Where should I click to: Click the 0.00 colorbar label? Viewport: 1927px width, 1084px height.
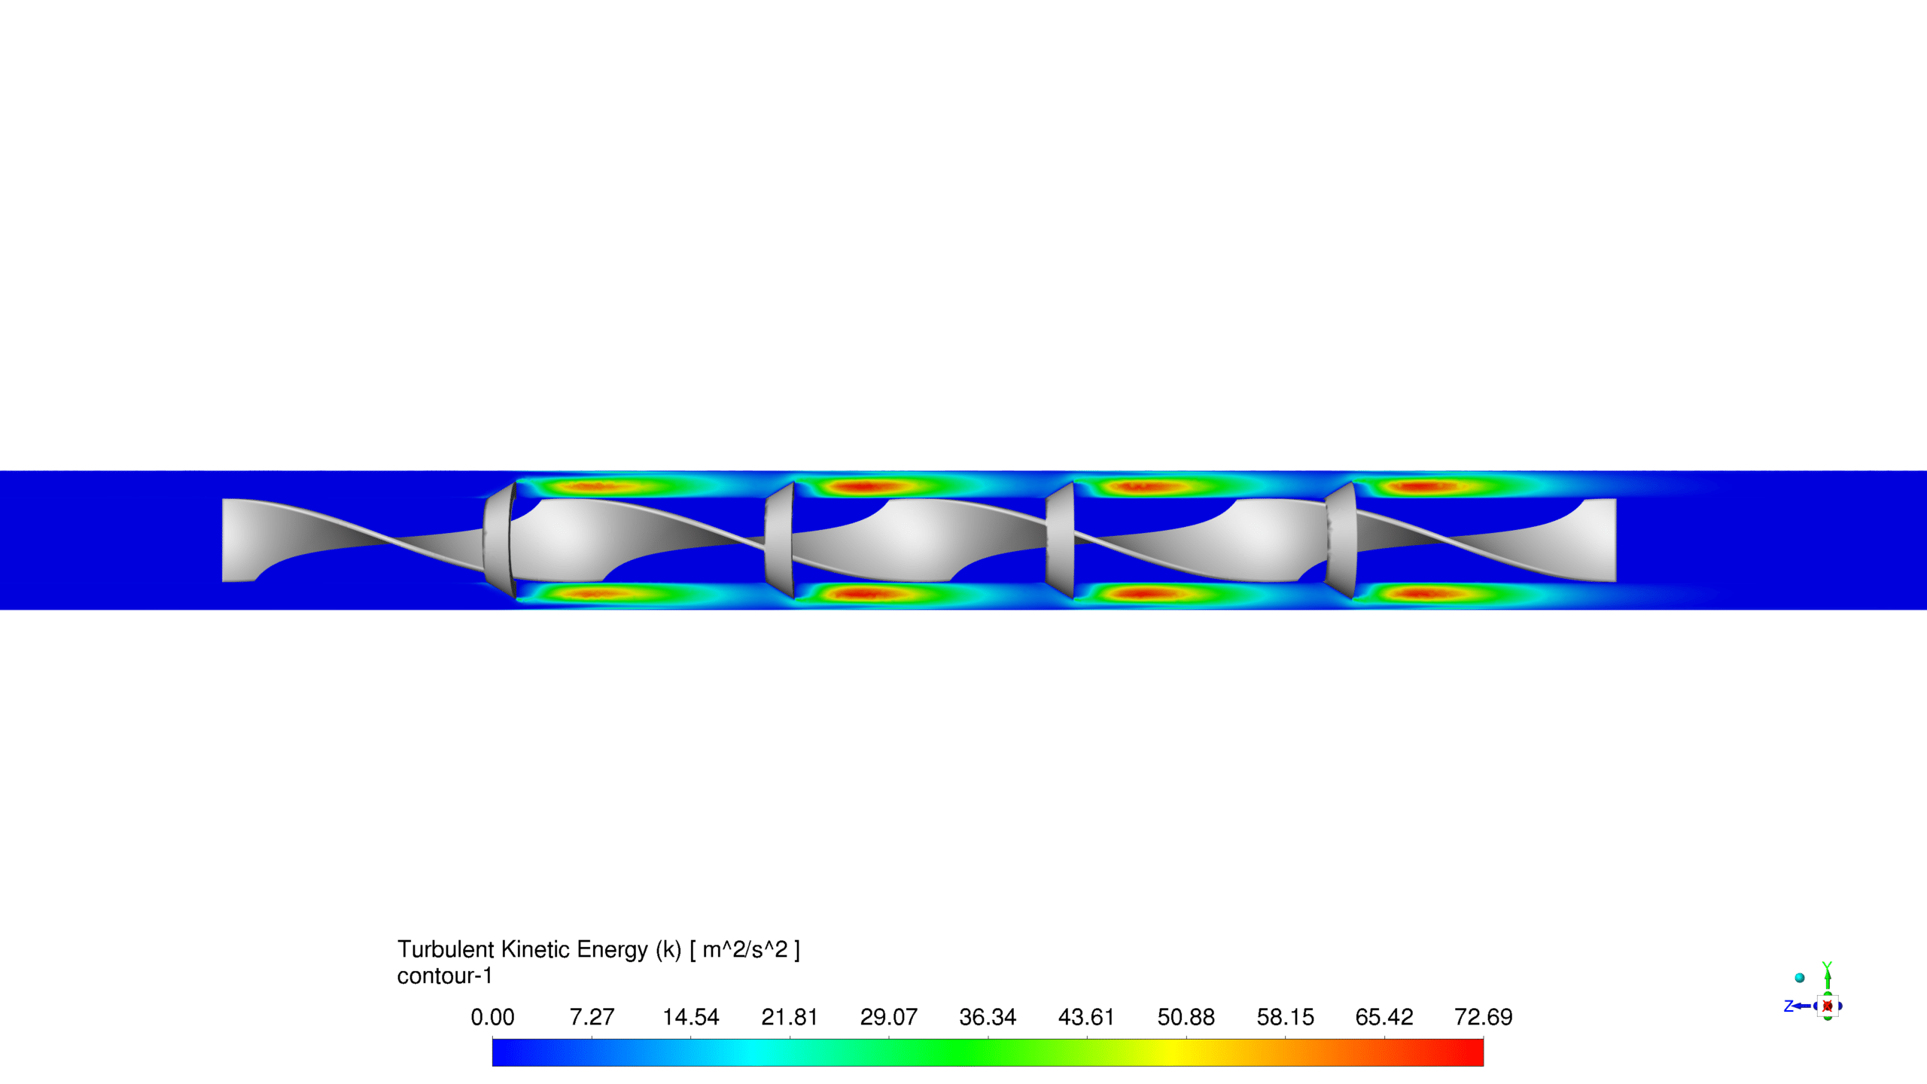pyautogui.click(x=492, y=1017)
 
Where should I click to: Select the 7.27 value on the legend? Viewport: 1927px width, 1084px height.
pyautogui.click(x=592, y=1017)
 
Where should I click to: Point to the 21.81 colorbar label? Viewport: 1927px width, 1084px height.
pyautogui.click(x=790, y=1017)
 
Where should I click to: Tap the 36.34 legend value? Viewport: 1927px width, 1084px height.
pyautogui.click(x=988, y=1017)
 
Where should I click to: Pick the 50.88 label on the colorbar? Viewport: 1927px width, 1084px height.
pyautogui.click(x=1186, y=1017)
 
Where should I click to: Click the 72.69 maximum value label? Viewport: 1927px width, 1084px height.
pyautogui.click(x=1484, y=1017)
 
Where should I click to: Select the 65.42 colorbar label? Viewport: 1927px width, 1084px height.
pyautogui.click(x=1384, y=1017)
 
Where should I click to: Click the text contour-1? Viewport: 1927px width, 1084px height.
pyautogui.click(x=445, y=976)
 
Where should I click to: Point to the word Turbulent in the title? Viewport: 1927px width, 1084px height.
pyautogui.click(x=446, y=949)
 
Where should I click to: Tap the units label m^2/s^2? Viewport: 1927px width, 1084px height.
pyautogui.click(x=745, y=949)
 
